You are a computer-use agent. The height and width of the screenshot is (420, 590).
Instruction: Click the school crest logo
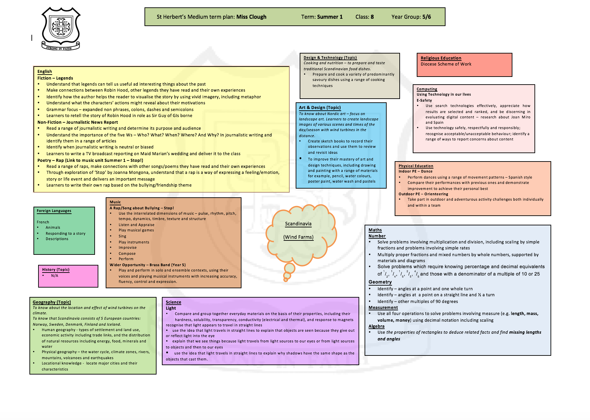coord(61,28)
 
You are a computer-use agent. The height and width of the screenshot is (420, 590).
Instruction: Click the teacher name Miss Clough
coord(251,17)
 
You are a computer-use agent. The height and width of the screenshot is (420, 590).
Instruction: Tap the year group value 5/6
coord(426,17)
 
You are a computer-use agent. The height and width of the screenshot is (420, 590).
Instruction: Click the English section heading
coord(44,72)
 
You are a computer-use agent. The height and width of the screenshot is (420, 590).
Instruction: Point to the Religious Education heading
coord(441,58)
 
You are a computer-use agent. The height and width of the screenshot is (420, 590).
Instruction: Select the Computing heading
coord(427,89)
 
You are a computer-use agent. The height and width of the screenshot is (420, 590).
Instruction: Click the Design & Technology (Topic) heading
coord(330,58)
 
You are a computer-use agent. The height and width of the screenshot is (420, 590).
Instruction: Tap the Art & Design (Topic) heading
coord(320,108)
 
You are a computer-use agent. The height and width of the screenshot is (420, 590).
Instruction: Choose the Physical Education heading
coord(416,166)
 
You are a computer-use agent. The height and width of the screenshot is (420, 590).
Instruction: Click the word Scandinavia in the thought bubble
coord(298,224)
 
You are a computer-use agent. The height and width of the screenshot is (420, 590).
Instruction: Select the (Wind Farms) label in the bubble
coord(298,237)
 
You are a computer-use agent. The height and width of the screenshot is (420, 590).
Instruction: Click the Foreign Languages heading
coord(54,211)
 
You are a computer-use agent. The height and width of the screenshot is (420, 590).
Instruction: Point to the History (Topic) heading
coord(56,270)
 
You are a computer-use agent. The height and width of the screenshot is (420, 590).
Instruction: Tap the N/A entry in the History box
coord(55,276)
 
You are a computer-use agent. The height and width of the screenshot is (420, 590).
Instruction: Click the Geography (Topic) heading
coord(52,302)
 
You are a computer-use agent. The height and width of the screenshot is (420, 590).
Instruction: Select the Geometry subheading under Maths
coord(380,282)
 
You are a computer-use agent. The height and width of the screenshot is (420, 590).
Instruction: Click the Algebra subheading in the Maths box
coord(376,326)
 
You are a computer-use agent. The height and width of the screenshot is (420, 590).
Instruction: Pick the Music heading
coord(115,202)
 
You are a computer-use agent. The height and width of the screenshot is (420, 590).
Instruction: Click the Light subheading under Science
coord(171,308)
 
